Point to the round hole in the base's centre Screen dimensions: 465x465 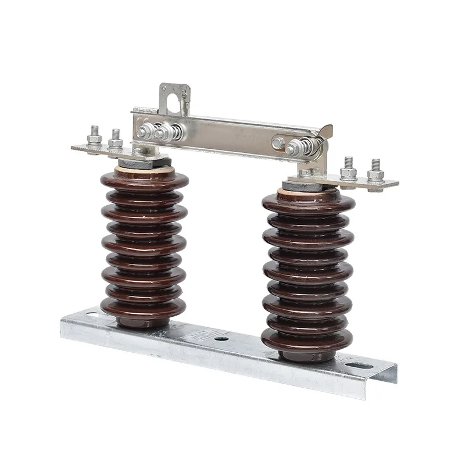(221, 338)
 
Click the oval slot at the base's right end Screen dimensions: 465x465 (359, 366)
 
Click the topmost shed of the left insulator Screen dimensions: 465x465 (144, 179)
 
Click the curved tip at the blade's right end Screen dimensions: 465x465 (326, 133)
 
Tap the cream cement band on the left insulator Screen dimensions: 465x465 (144, 169)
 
